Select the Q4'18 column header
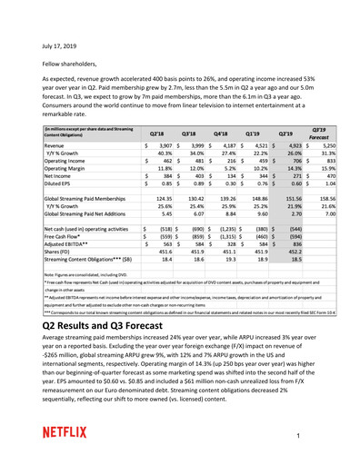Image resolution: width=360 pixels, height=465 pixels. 238,134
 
